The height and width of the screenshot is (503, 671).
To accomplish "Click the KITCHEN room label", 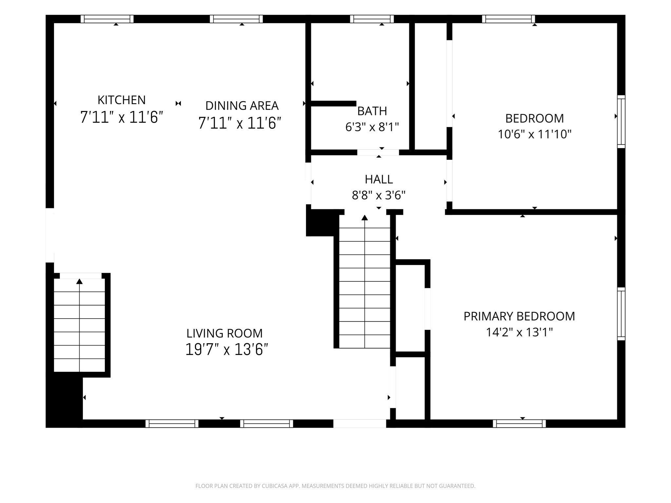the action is pyautogui.click(x=122, y=100).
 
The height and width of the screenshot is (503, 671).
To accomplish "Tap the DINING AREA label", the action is pyautogui.click(x=242, y=105).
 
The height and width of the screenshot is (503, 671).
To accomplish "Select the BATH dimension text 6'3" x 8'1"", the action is pyautogui.click(x=372, y=126).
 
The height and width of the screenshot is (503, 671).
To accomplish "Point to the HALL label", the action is pyautogui.click(x=379, y=179).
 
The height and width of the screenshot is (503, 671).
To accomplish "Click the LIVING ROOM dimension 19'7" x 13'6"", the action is pyautogui.click(x=227, y=349).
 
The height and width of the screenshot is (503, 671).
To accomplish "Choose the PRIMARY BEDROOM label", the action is pyautogui.click(x=519, y=316).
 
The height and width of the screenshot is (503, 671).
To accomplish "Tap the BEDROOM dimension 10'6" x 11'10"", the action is pyautogui.click(x=535, y=134).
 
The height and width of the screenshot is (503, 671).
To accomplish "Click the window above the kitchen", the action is pyautogui.click(x=107, y=19).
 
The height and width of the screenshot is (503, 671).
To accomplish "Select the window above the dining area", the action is pyautogui.click(x=236, y=19).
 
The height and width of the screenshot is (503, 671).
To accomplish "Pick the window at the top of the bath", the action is pyautogui.click(x=372, y=19).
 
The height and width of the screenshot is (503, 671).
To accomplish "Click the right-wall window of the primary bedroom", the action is pyautogui.click(x=621, y=314).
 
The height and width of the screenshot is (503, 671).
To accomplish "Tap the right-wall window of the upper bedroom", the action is pyautogui.click(x=621, y=121).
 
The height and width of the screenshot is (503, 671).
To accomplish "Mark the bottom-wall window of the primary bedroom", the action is pyautogui.click(x=519, y=423).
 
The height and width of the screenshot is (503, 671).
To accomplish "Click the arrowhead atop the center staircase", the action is pyautogui.click(x=365, y=217).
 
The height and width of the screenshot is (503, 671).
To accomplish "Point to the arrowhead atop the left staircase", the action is pyautogui.click(x=80, y=281).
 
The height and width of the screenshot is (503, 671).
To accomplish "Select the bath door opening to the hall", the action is pyautogui.click(x=378, y=152).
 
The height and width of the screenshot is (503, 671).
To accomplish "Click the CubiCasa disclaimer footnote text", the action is pyautogui.click(x=335, y=486).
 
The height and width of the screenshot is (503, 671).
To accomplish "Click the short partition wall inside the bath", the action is pyautogui.click(x=333, y=103).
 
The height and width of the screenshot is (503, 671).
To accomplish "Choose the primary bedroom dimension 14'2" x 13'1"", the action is pyautogui.click(x=519, y=332).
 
